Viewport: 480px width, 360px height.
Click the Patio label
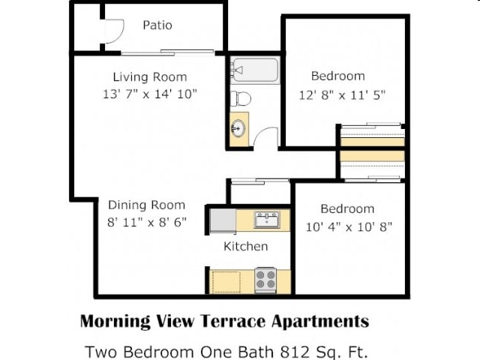click(x=157, y=25)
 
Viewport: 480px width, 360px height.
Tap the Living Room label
click(x=150, y=76)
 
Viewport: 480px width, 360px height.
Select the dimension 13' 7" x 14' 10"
click(x=150, y=94)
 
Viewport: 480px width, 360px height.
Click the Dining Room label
click(x=147, y=205)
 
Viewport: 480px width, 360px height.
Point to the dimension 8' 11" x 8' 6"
click(x=147, y=222)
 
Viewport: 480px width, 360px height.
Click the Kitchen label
click(x=246, y=247)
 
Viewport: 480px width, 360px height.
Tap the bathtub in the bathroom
click(x=255, y=70)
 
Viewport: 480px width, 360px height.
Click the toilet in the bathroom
click(x=241, y=98)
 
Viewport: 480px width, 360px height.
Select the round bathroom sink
click(x=238, y=128)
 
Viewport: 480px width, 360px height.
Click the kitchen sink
click(x=267, y=220)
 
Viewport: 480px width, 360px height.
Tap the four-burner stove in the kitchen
click(x=265, y=280)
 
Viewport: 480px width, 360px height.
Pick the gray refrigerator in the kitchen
click(x=223, y=220)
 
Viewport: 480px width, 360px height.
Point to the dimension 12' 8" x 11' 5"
click(x=342, y=95)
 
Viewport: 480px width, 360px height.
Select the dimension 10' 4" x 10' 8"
click(x=349, y=227)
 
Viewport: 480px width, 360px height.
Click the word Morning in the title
click(x=115, y=322)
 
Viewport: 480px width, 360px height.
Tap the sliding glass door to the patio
click(x=168, y=52)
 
